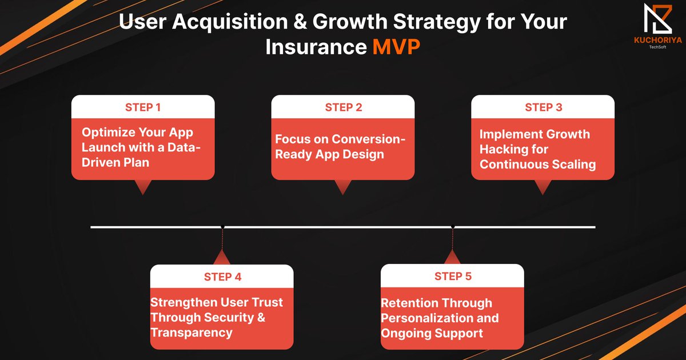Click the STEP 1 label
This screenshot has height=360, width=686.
tap(143, 107)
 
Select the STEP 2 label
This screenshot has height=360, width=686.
tap(343, 107)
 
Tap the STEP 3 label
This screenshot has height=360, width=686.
tap(543, 107)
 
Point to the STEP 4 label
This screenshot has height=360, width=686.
tap(222, 277)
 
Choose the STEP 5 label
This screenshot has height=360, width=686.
tap(453, 277)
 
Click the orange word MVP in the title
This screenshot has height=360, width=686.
tap(397, 47)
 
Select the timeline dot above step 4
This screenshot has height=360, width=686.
tap(222, 227)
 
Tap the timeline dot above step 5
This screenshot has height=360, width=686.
tap(453, 227)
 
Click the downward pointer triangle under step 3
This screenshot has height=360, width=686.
tap(543, 187)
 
